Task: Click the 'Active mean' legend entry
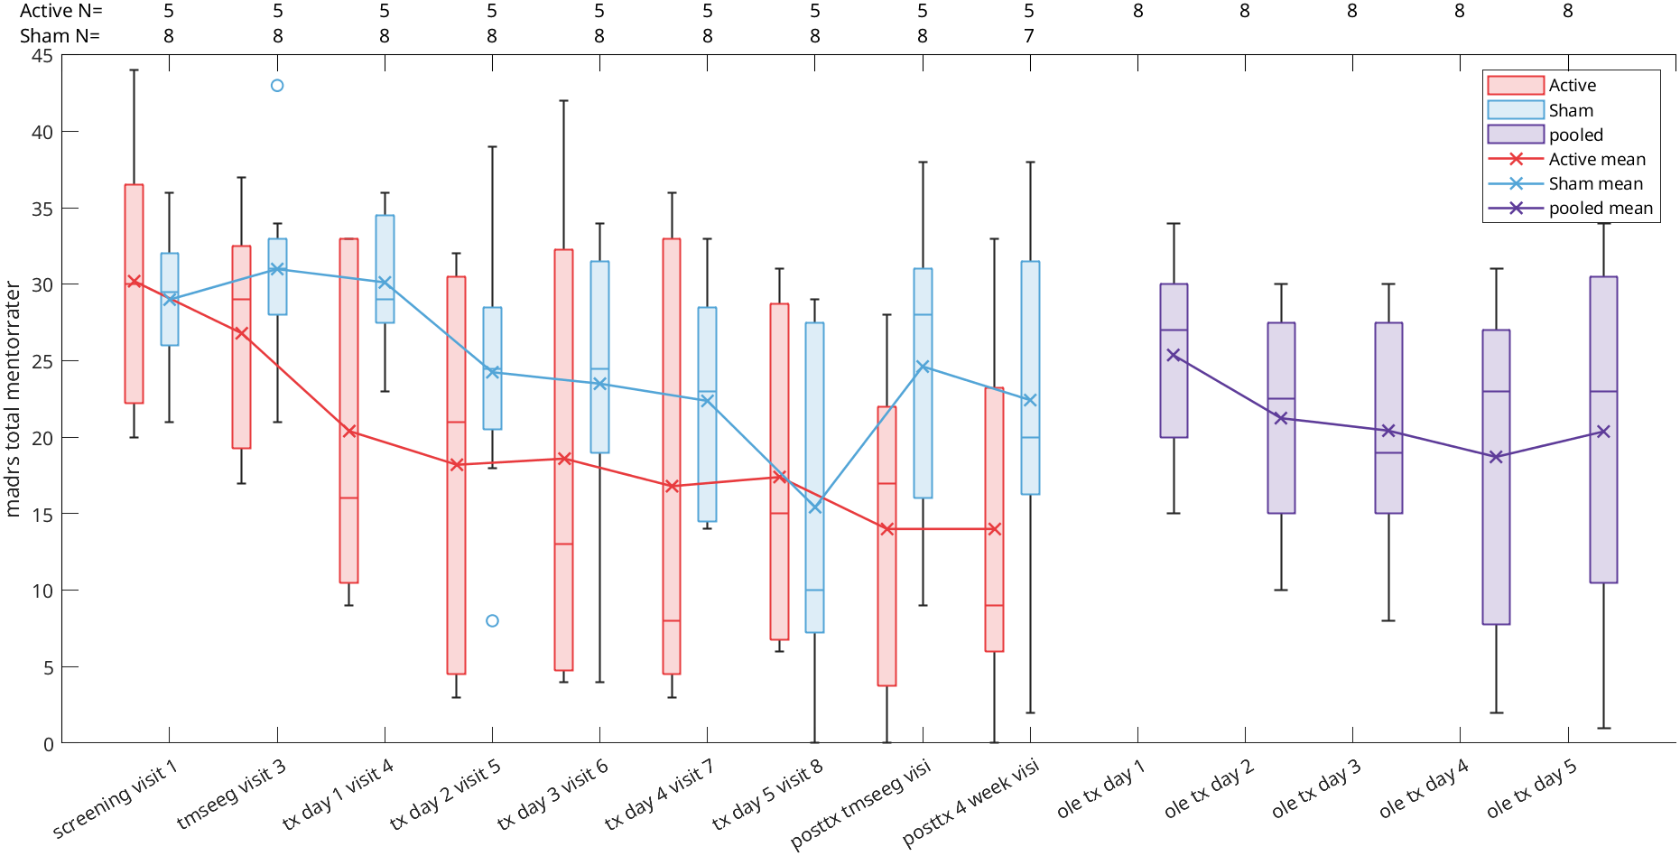tap(1596, 160)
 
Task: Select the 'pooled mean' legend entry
tap(1600, 209)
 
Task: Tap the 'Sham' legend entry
tap(1571, 110)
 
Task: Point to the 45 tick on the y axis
tap(42, 56)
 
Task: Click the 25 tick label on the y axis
tap(42, 361)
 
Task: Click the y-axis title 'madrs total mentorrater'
tap(13, 399)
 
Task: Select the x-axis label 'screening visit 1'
tap(116, 799)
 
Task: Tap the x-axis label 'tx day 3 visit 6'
tap(552, 795)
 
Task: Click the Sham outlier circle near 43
tap(277, 86)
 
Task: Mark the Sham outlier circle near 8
tap(492, 621)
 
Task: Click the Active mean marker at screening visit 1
tap(134, 282)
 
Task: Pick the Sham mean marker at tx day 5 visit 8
tap(814, 507)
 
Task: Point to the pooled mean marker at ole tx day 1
tap(1174, 356)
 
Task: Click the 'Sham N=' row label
tap(60, 36)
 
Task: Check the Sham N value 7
tap(1029, 36)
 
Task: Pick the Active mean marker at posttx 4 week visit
tap(994, 529)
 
